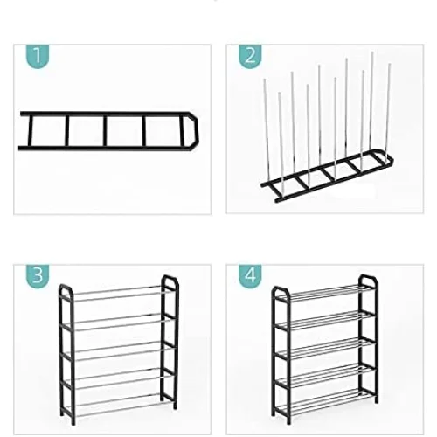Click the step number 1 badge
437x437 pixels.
pos(36,58)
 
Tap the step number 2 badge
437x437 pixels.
pos(250,58)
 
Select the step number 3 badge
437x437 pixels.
pos(36,276)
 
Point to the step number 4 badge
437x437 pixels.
pos(250,276)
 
